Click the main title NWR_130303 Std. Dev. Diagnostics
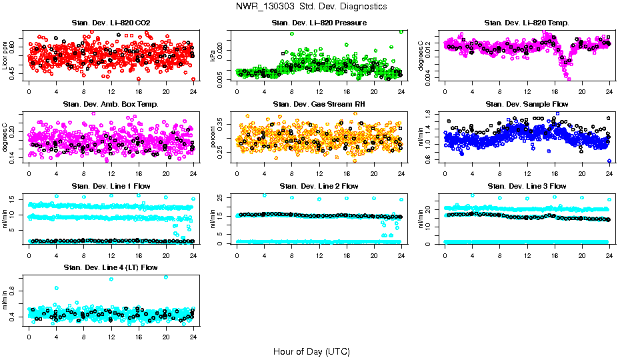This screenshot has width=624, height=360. (x=311, y=7)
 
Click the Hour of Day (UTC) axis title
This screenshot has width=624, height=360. (x=311, y=351)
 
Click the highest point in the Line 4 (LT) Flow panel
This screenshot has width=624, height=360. (x=165, y=277)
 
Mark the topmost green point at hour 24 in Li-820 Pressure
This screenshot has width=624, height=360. (x=401, y=31)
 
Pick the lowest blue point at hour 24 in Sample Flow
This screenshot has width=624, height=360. (x=609, y=161)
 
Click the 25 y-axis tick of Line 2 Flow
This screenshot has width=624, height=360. (x=222, y=197)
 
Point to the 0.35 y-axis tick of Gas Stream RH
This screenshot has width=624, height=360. (x=222, y=125)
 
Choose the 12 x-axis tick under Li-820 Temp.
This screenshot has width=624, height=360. (x=527, y=91)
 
